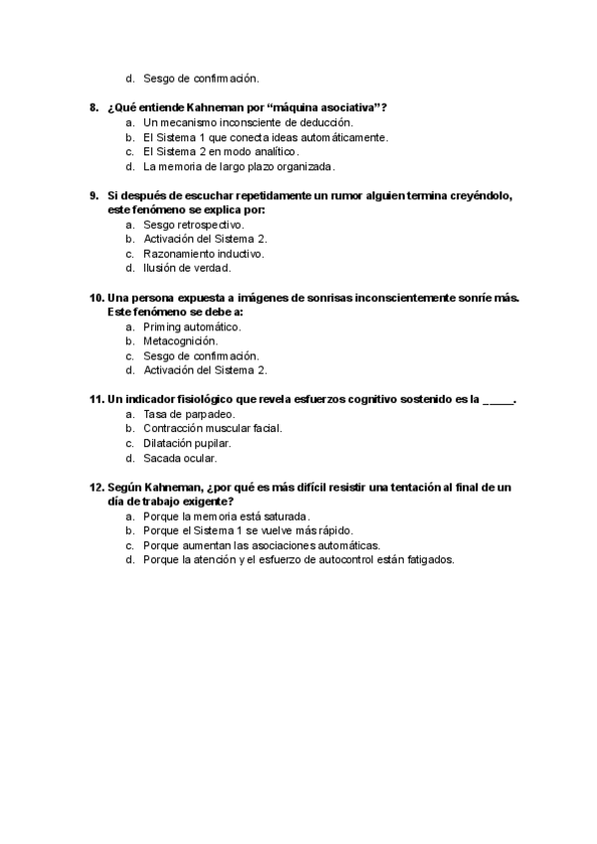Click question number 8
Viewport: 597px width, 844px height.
click(x=94, y=106)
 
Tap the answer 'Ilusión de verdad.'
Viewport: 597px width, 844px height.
click(x=186, y=268)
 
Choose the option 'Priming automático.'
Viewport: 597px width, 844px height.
click(x=192, y=326)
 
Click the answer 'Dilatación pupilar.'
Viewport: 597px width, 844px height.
click(x=187, y=444)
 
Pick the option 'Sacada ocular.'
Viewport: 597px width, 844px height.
click(x=179, y=459)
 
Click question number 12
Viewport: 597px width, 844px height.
click(x=97, y=488)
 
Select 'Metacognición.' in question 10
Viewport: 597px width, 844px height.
click(x=180, y=341)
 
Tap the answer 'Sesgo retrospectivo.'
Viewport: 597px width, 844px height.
click(x=193, y=224)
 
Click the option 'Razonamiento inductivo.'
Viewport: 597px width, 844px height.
click(x=203, y=254)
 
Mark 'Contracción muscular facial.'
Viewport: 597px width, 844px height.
click(x=212, y=429)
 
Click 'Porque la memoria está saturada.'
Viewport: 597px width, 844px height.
click(x=226, y=517)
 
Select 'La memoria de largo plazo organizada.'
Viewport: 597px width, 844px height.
click(x=239, y=166)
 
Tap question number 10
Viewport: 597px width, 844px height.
click(x=97, y=298)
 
